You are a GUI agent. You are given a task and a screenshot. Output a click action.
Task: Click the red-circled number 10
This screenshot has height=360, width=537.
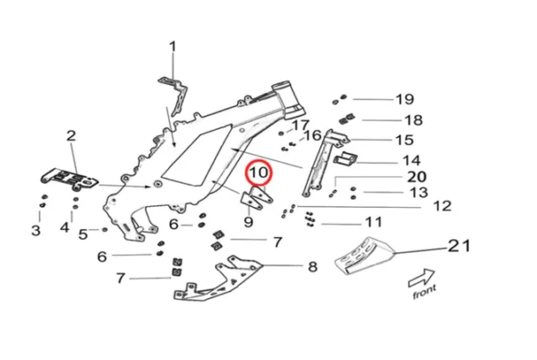point(258,170)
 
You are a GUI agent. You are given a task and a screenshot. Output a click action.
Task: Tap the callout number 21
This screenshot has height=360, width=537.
point(458,245)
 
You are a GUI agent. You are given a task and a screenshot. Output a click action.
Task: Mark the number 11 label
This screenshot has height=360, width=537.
point(372,222)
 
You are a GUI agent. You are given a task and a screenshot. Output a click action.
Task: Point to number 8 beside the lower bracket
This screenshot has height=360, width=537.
point(312,266)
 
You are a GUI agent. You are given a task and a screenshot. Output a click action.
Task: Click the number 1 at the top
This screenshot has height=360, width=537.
point(173,47)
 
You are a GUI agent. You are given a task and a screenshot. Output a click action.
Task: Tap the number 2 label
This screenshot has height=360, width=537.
point(71,136)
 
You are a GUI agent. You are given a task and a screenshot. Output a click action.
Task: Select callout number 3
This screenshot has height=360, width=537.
point(36,231)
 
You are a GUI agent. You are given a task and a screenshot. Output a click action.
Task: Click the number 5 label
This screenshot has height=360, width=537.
point(82,235)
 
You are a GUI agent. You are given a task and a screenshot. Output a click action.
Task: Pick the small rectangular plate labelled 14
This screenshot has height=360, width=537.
point(345,160)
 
